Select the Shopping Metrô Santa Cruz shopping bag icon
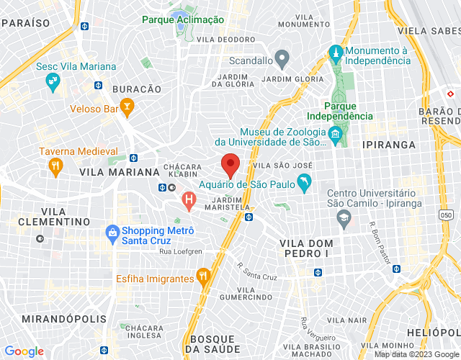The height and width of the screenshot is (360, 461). click(x=112, y=232)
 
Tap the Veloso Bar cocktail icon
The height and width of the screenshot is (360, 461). click(x=127, y=109)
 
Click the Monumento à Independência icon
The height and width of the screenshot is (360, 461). click(x=335, y=53)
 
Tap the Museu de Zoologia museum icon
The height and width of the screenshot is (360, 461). click(x=334, y=134)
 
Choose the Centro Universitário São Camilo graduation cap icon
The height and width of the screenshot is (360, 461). click(x=345, y=217)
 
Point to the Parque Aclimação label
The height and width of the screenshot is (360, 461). click(x=183, y=19)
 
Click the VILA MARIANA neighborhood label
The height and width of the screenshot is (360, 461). click(x=119, y=173)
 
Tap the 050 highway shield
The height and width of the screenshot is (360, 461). click(x=446, y=215)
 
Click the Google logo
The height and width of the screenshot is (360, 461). click(x=24, y=351)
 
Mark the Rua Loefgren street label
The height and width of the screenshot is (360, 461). click(x=180, y=251)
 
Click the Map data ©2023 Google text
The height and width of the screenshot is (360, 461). click(x=415, y=354)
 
